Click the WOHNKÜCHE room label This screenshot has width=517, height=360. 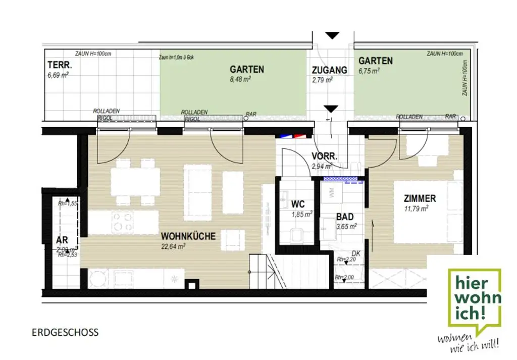188,236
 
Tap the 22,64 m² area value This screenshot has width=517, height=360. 173,246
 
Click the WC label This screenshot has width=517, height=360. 298,204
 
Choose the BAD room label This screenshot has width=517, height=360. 345,217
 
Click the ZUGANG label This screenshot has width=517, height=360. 329,70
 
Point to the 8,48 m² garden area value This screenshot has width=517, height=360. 240,79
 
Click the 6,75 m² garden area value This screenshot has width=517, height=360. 369,71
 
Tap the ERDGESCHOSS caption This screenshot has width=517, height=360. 65,332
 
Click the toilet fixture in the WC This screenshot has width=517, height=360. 296,235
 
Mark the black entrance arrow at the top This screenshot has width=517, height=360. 332,35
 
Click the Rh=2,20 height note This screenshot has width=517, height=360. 346,260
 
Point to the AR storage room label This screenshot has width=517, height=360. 62,240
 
